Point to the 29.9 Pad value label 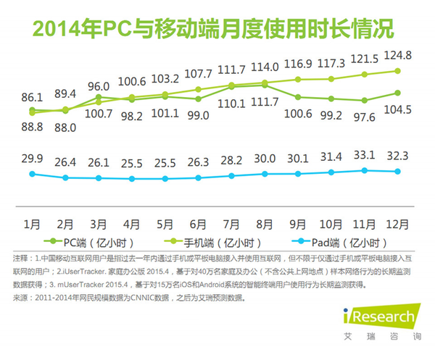32,159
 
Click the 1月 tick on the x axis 32,222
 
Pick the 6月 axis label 198,222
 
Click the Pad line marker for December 398,171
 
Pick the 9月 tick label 298,222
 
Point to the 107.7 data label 198,73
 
